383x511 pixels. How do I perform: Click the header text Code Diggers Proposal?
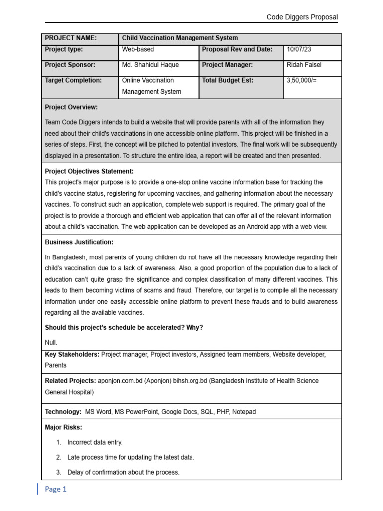[x=302, y=17]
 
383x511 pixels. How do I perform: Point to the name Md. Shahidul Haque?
[x=150, y=65]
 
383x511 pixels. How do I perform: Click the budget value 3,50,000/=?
[x=302, y=80]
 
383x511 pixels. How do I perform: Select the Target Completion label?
[x=73, y=80]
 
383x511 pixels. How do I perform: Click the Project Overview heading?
[x=71, y=107]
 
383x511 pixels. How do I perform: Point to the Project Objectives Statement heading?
[x=89, y=171]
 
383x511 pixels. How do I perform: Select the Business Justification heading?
[x=79, y=242]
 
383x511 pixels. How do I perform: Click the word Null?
[x=51, y=343]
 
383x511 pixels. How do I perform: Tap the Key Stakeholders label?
[x=72, y=354]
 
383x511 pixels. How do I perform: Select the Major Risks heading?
[x=63, y=427]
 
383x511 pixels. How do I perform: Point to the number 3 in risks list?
[x=58, y=472]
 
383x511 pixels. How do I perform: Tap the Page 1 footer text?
[x=55, y=489]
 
